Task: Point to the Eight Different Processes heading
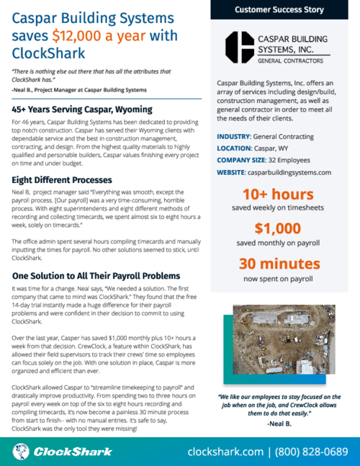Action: pyautogui.click(x=62, y=179)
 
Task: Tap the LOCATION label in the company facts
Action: pyautogui.click(x=237, y=148)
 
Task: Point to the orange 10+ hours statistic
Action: pyautogui.click(x=278, y=194)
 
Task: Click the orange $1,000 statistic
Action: pyautogui.click(x=277, y=228)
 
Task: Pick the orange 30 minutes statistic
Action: pyautogui.click(x=278, y=264)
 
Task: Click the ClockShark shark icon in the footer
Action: pyautogui.click(x=22, y=452)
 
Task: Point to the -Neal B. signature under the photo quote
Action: pyautogui.click(x=279, y=422)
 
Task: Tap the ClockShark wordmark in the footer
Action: pyautogui.click(x=73, y=452)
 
